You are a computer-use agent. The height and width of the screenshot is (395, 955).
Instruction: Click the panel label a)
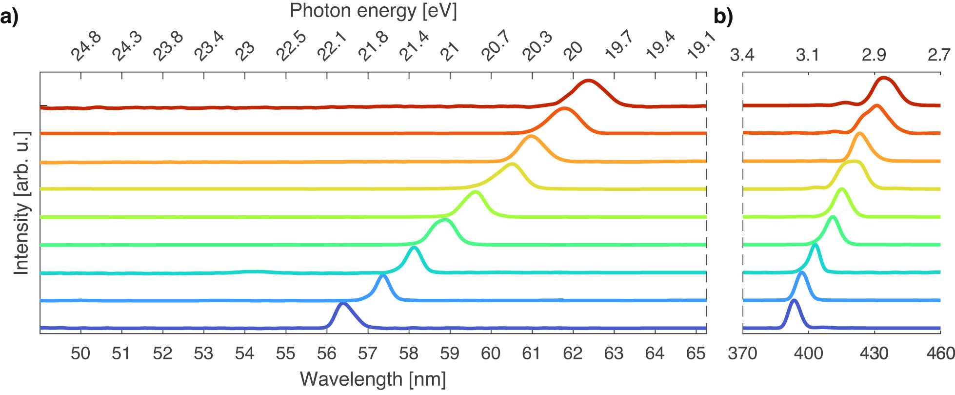tap(9, 18)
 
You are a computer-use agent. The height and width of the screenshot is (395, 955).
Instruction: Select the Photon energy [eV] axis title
tap(373, 11)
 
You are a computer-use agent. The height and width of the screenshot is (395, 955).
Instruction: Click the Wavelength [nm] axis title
tap(373, 379)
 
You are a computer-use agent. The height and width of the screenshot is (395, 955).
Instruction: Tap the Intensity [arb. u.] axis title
tap(21, 203)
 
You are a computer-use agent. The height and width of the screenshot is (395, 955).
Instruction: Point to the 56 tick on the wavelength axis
tap(326, 353)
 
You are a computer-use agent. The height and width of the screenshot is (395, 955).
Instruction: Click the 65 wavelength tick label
tap(696, 353)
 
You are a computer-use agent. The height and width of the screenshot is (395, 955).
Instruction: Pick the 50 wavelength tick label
tap(80, 353)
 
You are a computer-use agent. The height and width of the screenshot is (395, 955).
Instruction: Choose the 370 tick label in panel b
tap(742, 353)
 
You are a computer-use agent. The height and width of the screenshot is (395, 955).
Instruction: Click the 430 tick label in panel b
tap(874, 353)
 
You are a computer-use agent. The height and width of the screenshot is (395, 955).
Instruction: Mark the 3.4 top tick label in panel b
tap(742, 55)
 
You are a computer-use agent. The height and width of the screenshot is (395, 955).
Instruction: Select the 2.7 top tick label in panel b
tap(939, 55)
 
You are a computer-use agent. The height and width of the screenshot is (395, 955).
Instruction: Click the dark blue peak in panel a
tap(343, 304)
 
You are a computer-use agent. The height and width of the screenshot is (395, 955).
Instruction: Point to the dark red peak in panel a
tap(588, 81)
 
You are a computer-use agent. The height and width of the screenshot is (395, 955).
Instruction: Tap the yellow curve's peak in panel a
tap(511, 165)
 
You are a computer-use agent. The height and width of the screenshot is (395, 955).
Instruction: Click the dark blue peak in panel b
tap(794, 301)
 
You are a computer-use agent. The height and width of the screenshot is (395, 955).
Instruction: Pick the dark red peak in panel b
tap(883, 78)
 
